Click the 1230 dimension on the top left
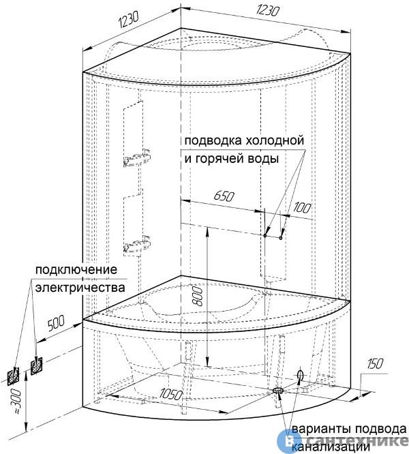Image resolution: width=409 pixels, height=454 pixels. click(x=128, y=20)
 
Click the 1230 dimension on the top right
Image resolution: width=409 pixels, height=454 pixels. click(x=268, y=11)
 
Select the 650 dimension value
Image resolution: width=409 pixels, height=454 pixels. click(x=224, y=196)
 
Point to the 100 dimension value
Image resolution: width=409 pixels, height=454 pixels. click(x=302, y=208)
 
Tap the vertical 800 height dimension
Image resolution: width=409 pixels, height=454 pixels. click(x=198, y=296)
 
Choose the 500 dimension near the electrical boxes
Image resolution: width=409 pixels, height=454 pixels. click(x=57, y=323)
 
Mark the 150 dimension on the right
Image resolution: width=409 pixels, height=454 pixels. click(x=375, y=364)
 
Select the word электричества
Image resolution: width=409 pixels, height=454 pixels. click(x=80, y=288)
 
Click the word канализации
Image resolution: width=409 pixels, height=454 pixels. click(x=331, y=447)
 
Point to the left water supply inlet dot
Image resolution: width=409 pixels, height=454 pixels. click(x=265, y=235)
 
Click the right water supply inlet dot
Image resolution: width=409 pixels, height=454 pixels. click(x=280, y=238)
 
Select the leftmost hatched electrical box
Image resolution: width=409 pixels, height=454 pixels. click(x=13, y=376)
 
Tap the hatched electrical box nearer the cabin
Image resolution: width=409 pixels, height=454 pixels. click(x=37, y=366)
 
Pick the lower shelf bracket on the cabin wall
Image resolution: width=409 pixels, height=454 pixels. click(x=137, y=245)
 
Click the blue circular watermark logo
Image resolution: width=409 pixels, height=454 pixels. click(x=287, y=440)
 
